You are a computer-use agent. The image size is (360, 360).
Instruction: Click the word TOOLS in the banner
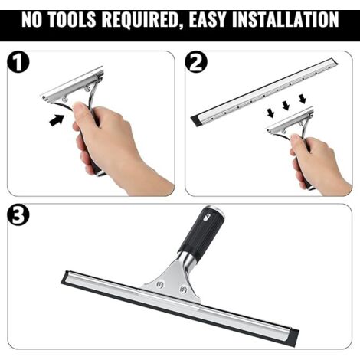pyautogui.click(x=72, y=19)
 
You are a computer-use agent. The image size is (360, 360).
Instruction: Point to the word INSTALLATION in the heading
pyautogui.click(x=285, y=19)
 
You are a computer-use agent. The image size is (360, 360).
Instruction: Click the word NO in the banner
pyautogui.click(x=31, y=19)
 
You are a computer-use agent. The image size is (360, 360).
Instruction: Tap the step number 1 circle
pyautogui.click(x=18, y=62)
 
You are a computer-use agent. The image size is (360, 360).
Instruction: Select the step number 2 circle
pyautogui.click(x=196, y=62)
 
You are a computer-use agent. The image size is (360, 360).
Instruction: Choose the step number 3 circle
pyautogui.click(x=18, y=214)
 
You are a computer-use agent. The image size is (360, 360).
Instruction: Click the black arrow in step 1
pyautogui.click(x=57, y=119)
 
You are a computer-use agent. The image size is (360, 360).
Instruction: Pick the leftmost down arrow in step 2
pyautogui.click(x=270, y=113)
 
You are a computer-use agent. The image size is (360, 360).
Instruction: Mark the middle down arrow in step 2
pyautogui.click(x=286, y=106)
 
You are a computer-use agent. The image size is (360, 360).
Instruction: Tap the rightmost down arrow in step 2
pyautogui.click(x=303, y=99)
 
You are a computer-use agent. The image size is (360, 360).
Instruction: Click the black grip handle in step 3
pyautogui.click(x=201, y=232)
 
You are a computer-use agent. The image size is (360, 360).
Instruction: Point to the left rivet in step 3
pyautogui.click(x=160, y=284)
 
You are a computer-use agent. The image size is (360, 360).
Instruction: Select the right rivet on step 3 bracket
pyautogui.click(x=183, y=290)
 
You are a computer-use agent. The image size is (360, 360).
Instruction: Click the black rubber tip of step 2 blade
pyautogui.click(x=196, y=121)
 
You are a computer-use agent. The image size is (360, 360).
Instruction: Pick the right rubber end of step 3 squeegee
pyautogui.click(x=293, y=337)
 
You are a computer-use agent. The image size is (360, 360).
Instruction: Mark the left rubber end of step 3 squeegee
pyautogui.click(x=65, y=277)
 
